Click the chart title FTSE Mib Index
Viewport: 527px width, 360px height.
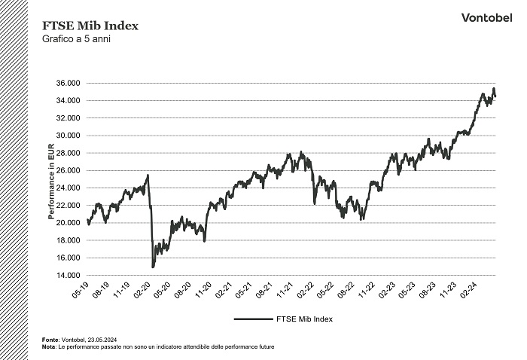(90, 26)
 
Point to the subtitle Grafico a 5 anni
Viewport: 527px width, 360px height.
(76, 39)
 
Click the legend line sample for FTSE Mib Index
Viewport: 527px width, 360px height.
(252, 319)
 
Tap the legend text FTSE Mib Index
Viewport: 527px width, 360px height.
(304, 319)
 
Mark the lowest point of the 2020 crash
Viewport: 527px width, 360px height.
(153, 267)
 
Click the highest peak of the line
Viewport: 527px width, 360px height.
(493, 89)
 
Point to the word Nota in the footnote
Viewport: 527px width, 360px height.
(49, 346)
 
